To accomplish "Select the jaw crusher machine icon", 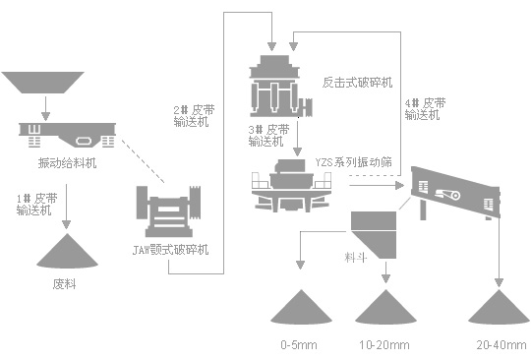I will [177, 209].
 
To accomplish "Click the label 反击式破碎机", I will [358, 82].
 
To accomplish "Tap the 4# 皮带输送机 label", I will [424, 109].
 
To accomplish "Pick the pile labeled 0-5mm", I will [301, 306].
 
